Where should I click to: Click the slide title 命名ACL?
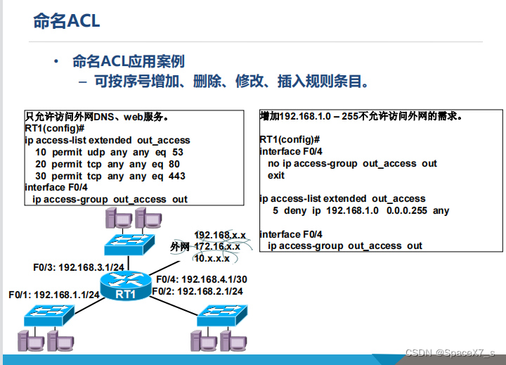pyautogui.click(x=67, y=20)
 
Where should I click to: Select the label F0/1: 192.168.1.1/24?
pyautogui.click(x=54, y=295)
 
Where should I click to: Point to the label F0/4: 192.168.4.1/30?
pyautogui.click(x=200, y=279)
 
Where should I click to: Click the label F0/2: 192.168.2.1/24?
pyautogui.click(x=200, y=291)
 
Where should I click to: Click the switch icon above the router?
pyautogui.click(x=129, y=244)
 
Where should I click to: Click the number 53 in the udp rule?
pyautogui.click(x=177, y=152)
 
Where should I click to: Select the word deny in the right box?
pyautogui.click(x=295, y=210)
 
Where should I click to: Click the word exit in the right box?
pyautogui.click(x=276, y=175)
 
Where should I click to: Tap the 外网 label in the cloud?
pyautogui.click(x=181, y=247)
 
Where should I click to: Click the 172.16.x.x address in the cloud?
pyautogui.click(x=217, y=247)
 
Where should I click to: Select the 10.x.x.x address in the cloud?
pyautogui.click(x=212, y=258)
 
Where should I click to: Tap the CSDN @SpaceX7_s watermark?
pyautogui.click(x=450, y=353)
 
